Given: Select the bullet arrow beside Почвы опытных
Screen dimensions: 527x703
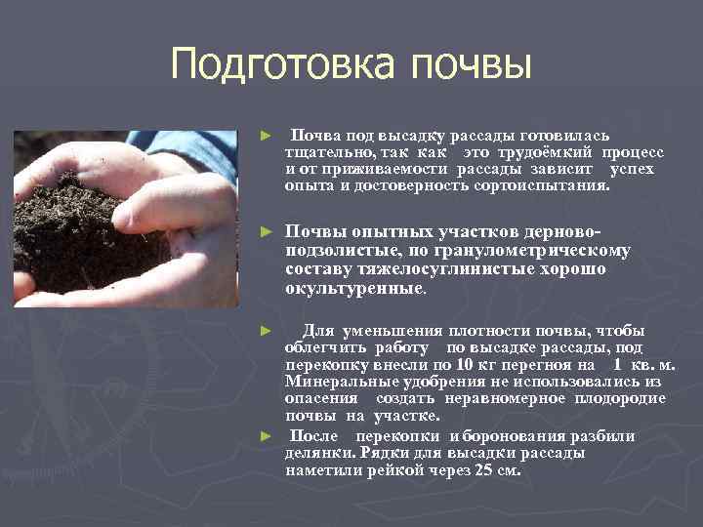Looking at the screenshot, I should [x=266, y=233].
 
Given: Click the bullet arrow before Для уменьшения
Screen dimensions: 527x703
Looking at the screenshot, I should [x=266, y=331].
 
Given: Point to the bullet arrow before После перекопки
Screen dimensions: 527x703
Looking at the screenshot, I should [x=266, y=436].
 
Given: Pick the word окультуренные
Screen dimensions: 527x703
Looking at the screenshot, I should [x=354, y=289].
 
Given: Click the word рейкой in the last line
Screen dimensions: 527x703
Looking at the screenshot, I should [x=396, y=469].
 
